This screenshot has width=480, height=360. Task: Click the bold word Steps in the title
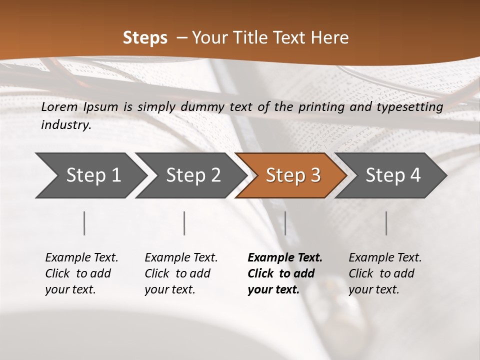[145, 38]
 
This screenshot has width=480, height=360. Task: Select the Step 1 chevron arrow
[90, 175]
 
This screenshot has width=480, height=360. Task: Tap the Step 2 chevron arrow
[190, 175]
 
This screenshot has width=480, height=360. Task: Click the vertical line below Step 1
[84, 223]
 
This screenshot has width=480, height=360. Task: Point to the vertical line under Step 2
[184, 223]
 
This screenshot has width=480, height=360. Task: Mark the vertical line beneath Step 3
[285, 223]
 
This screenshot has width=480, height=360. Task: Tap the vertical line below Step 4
[386, 223]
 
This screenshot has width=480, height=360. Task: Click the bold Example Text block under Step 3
[285, 273]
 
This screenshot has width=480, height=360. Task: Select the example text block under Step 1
[81, 273]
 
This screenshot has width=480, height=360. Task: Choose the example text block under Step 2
[181, 273]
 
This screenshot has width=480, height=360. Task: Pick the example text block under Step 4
[385, 273]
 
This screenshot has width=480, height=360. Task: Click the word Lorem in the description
[59, 106]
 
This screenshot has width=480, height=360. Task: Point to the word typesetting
[413, 107]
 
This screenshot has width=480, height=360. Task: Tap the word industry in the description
[65, 125]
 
